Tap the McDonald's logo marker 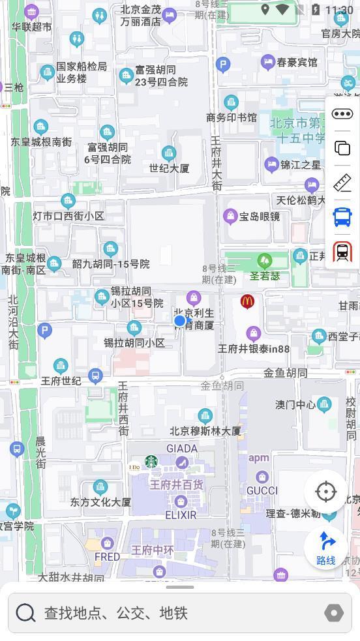tap(247, 301)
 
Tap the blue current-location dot tap(180, 320)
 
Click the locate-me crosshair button tap(325, 491)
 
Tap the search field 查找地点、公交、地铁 tap(170, 613)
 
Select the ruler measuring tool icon tap(342, 183)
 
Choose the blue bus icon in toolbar tap(342, 217)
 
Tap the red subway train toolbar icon tap(342, 252)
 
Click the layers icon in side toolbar tap(342, 148)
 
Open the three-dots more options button tap(342, 114)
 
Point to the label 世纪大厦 tap(169, 168)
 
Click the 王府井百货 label tap(177, 484)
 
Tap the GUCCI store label tap(262, 490)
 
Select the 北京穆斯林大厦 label tap(205, 431)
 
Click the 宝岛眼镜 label tap(260, 216)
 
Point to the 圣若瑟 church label tap(265, 276)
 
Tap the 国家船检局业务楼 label tap(81, 72)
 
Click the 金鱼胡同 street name tap(285, 373)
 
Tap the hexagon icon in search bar tap(333, 613)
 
